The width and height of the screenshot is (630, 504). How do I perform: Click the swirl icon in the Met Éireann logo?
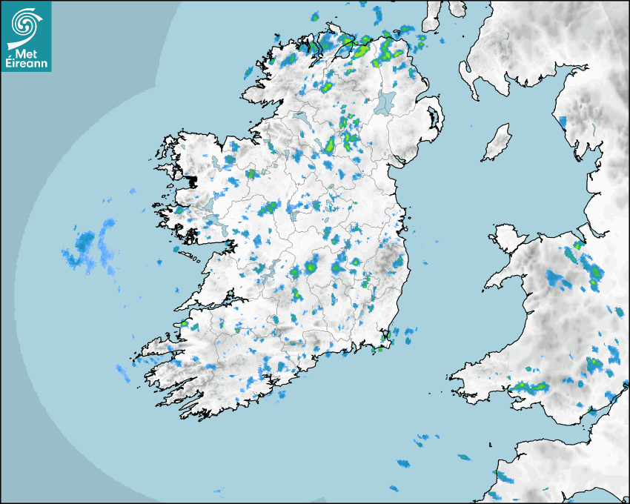[x=25, y=24]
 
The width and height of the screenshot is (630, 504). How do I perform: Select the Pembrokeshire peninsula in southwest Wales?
[x=467, y=374]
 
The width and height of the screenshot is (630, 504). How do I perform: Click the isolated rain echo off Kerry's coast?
[x=122, y=370]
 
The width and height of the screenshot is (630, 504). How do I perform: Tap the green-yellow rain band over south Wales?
[x=531, y=386]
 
